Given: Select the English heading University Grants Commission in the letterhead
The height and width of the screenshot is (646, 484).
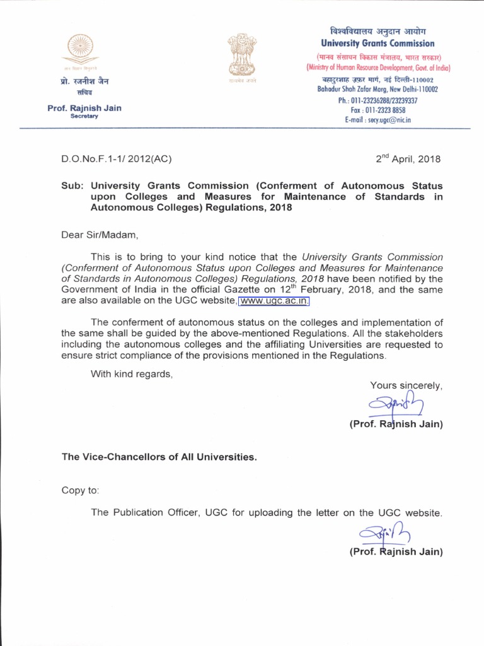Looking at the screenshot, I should [x=377, y=44].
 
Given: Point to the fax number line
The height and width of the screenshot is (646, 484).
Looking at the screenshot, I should [x=377, y=110].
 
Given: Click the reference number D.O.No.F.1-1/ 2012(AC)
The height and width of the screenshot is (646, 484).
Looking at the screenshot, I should [x=116, y=159].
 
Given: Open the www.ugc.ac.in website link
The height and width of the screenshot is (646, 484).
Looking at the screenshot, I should [x=274, y=301].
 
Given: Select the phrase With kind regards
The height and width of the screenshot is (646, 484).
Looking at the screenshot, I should [x=131, y=374].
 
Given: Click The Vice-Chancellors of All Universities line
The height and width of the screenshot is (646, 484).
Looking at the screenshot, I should [x=159, y=457].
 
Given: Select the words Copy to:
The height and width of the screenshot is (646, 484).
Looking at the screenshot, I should [x=80, y=490].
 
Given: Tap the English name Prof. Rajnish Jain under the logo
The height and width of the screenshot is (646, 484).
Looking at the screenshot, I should [x=84, y=108].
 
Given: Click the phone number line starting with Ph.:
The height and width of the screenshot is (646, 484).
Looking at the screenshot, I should [x=377, y=100].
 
